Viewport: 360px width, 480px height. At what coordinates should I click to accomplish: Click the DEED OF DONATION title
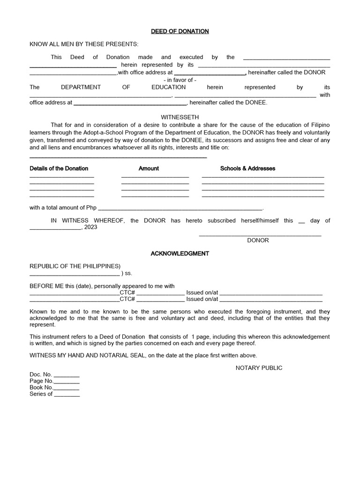pos(180,31)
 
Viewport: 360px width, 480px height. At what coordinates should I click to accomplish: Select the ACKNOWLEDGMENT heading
pos(180,254)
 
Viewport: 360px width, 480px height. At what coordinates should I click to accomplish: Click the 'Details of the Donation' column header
pos(59,168)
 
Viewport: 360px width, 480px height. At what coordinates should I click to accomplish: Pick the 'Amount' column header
pos(149,168)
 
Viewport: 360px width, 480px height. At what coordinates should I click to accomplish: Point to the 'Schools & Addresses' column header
pos(247,168)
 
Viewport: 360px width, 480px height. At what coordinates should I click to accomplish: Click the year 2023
pos(91,227)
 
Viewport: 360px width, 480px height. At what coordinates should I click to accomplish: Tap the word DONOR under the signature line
pos(258,240)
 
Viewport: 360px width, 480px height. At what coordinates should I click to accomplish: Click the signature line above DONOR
pos(260,235)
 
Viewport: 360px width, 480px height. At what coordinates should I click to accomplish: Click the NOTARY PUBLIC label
pos(259,368)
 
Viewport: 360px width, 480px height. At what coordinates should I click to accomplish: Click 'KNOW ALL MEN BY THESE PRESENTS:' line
pos(84,44)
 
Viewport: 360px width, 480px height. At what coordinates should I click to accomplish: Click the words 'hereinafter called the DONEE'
pos(228,102)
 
